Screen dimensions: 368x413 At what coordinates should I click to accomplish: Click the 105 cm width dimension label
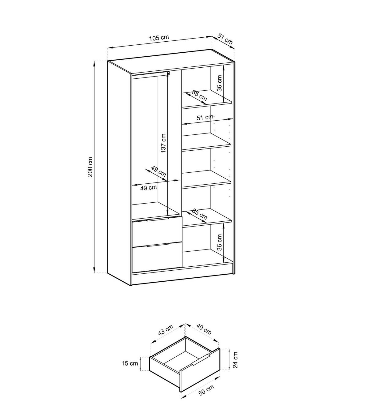pos(159,38)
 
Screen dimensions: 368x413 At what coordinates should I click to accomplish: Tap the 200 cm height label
pos(90,167)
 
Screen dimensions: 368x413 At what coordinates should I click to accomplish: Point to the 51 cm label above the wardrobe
pos(225,39)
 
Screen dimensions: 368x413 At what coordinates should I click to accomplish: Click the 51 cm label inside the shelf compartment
pos(205,118)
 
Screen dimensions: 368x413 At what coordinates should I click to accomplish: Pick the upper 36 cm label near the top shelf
pos(219,83)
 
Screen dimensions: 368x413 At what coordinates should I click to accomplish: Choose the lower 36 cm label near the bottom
pos(219,242)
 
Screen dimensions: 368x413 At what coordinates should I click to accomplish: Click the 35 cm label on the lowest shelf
pos(200,214)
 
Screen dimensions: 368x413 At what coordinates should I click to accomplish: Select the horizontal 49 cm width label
pos(148,188)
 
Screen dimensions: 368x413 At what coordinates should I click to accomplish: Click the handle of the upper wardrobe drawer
pos(157,219)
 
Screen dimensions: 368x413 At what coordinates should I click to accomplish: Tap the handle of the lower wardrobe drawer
pos(157,245)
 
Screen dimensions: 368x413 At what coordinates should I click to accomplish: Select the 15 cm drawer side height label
pos(130,363)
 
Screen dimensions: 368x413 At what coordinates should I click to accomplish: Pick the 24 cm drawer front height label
pos(236,360)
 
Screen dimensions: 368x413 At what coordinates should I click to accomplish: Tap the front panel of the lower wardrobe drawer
pos(157,257)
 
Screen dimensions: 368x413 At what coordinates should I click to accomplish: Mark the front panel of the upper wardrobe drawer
pos(157,232)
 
